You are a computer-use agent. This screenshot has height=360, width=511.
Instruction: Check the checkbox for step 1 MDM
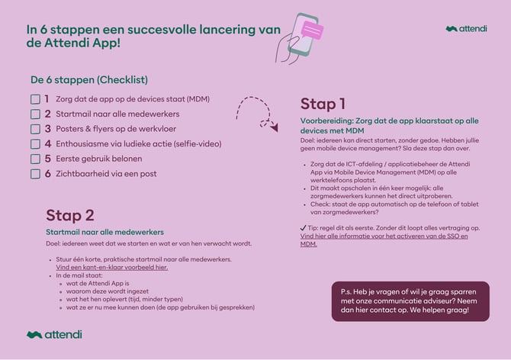pos(35,99)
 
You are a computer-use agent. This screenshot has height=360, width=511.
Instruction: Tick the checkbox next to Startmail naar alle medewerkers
pos(35,114)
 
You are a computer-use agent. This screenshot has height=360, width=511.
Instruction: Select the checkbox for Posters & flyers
pos(35,129)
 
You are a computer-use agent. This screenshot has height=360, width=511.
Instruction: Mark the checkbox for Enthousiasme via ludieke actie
pos(35,143)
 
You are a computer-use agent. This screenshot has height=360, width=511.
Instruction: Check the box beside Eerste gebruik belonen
pos(35,159)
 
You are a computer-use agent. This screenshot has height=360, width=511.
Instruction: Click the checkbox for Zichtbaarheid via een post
pos(35,173)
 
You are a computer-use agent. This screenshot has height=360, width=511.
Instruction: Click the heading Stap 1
pos(323,104)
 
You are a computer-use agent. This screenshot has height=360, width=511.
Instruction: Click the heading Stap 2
pos(70,215)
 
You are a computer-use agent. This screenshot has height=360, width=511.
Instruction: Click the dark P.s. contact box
pos(410,301)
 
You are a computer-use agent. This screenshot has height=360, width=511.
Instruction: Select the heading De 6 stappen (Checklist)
pos(89,79)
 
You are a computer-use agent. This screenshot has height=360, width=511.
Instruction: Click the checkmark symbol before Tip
pos(304,228)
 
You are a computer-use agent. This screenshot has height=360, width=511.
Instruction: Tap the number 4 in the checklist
pos(47,143)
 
